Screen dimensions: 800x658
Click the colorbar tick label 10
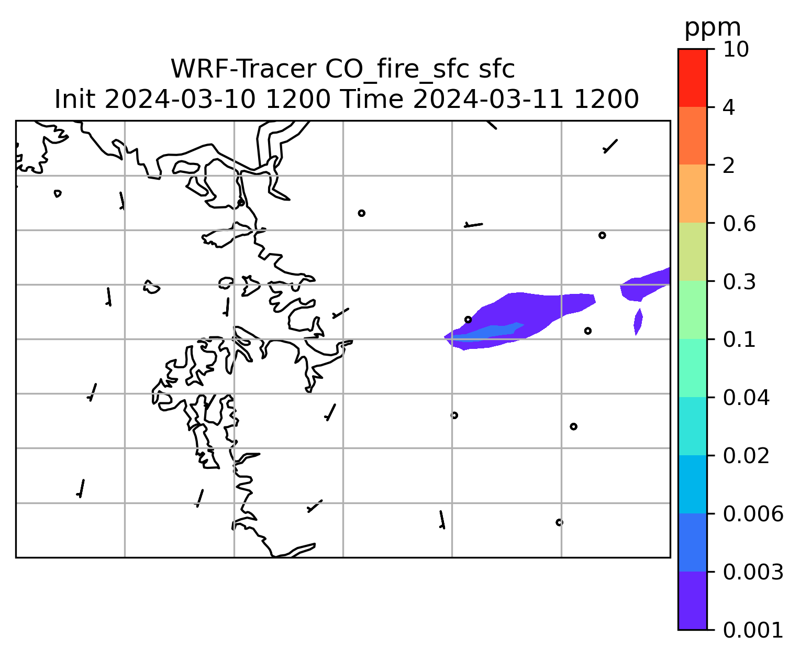coord(736,49)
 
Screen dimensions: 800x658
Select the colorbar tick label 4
coord(729,107)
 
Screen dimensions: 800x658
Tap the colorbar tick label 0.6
coord(739,224)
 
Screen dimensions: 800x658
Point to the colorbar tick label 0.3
coord(739,282)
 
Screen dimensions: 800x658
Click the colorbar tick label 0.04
coord(746,398)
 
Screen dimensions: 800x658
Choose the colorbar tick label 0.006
coord(753,514)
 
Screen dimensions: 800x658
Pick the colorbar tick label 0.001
coord(753,630)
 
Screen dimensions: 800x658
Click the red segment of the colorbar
coord(692,78)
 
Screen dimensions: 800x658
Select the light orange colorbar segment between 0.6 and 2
coord(692,193)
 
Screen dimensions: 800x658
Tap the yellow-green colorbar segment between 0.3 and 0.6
coord(692,251)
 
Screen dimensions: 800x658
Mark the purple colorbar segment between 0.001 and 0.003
coord(692,600)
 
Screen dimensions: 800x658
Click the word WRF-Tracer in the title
coord(243,69)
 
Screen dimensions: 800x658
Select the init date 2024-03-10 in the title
coord(180,100)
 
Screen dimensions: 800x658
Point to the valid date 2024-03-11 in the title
coord(488,100)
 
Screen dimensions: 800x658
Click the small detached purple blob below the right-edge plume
coord(638,322)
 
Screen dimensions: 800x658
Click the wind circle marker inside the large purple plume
coord(468,320)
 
